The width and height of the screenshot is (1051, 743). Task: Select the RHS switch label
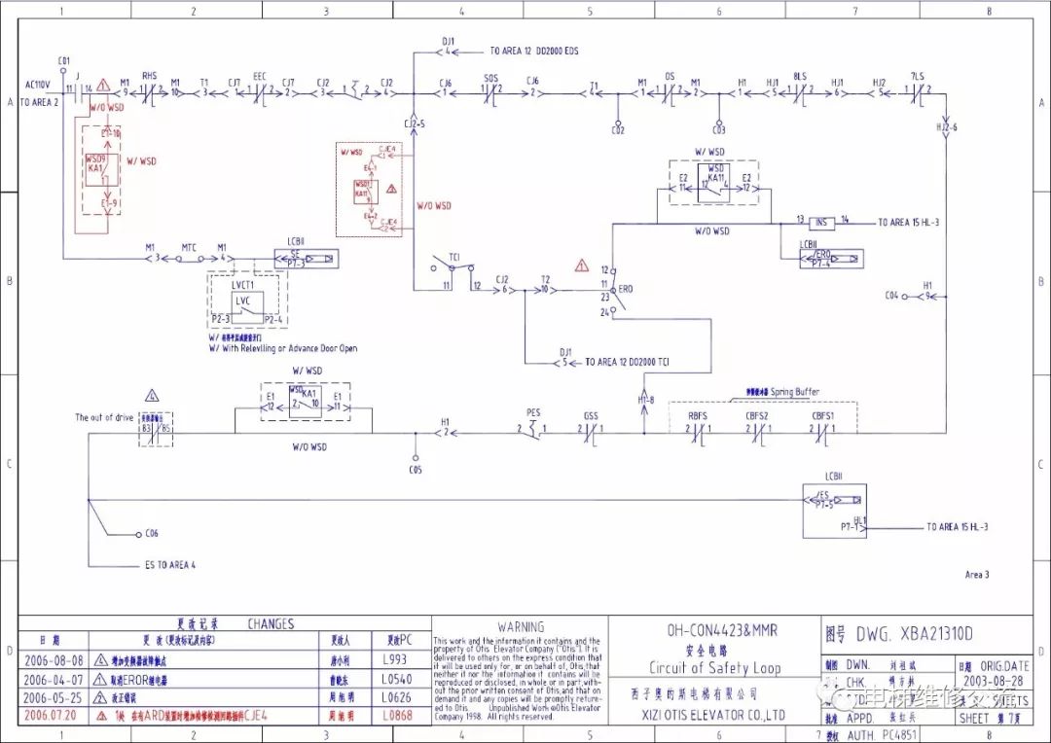(x=149, y=75)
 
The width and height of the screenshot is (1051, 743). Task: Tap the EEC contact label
(x=260, y=75)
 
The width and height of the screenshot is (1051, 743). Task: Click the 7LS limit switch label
(x=917, y=75)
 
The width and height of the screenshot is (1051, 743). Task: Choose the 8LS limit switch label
(x=800, y=75)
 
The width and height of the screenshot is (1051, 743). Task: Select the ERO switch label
(x=626, y=290)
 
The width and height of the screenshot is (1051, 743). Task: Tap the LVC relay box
(x=242, y=301)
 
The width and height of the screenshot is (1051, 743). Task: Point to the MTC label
(x=189, y=247)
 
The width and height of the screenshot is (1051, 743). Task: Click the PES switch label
(x=533, y=413)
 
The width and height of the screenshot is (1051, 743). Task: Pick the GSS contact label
(x=591, y=416)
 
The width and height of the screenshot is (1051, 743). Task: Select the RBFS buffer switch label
(x=698, y=416)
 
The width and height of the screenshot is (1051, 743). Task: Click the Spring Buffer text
(x=795, y=392)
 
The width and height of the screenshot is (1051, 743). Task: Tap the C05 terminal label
(x=416, y=470)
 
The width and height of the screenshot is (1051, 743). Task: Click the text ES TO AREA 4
(x=170, y=565)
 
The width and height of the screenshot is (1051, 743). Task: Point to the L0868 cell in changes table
(x=399, y=715)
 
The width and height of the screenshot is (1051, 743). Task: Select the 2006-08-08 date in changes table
(x=49, y=658)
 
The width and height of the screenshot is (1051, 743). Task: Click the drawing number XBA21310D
(x=914, y=634)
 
